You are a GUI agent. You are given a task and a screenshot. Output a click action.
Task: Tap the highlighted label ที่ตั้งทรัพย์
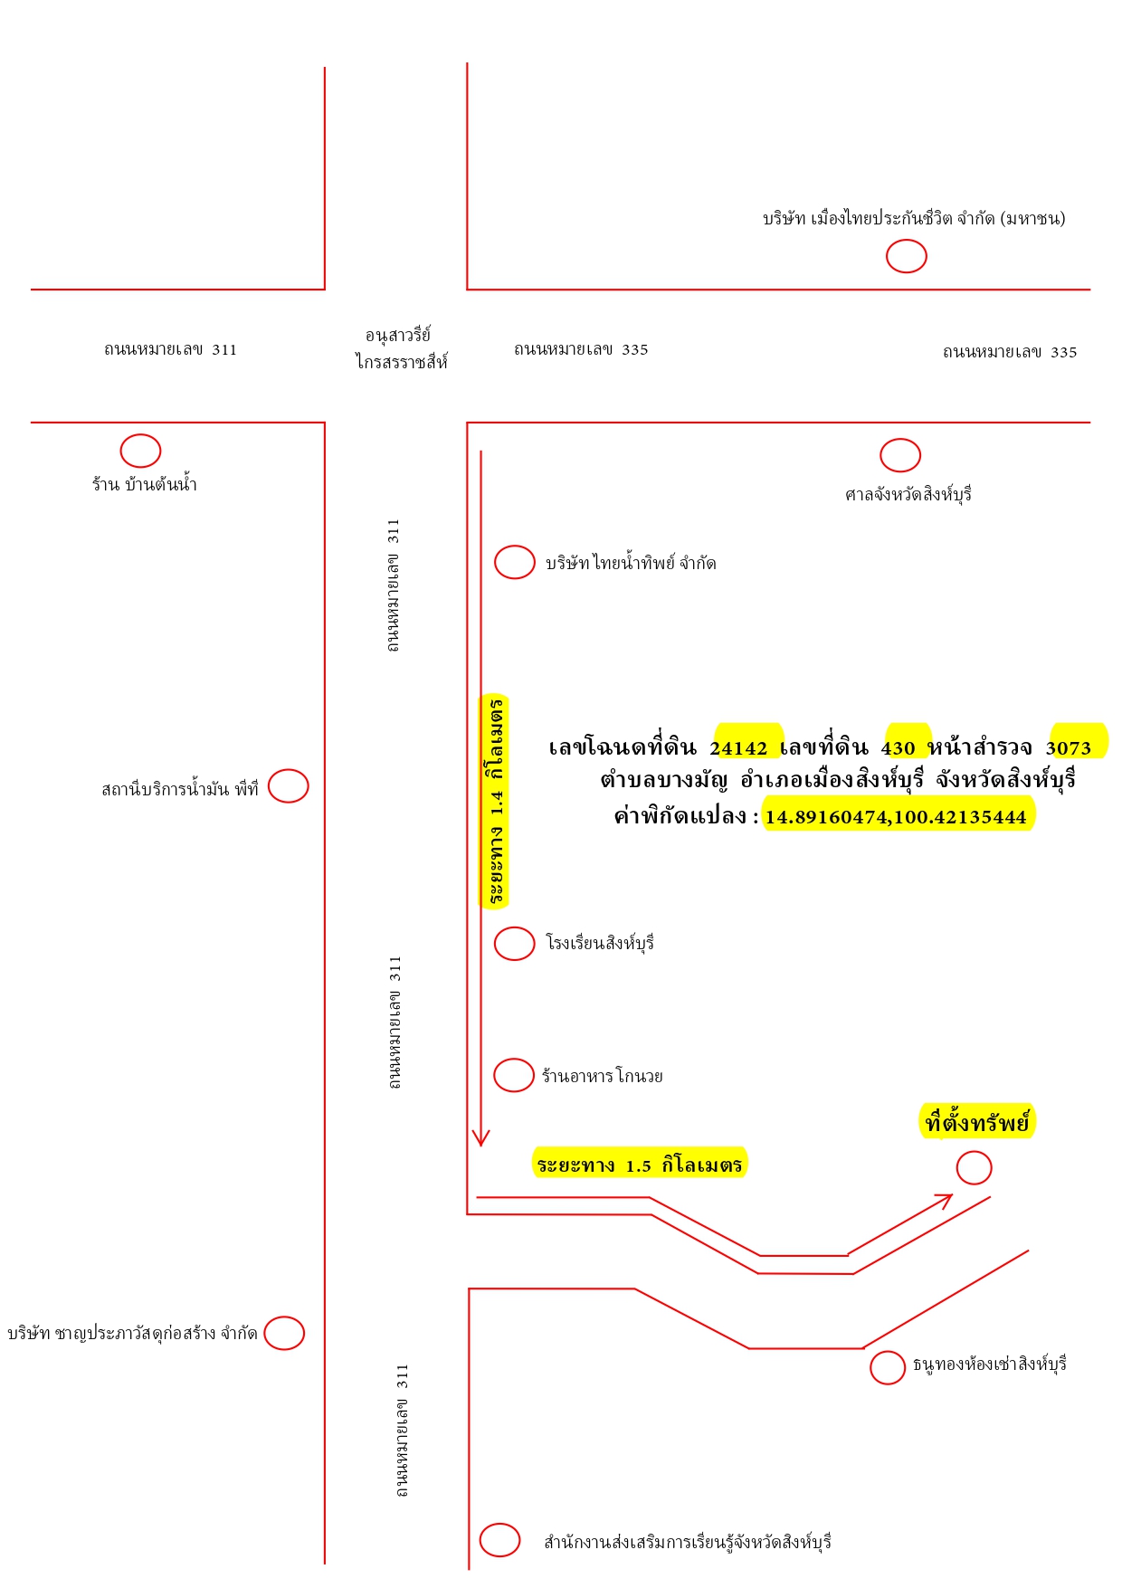point(977,1122)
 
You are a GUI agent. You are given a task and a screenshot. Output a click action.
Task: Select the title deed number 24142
point(738,747)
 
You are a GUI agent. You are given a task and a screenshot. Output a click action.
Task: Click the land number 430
point(899,747)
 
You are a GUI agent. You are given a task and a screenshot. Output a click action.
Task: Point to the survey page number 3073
point(1069,747)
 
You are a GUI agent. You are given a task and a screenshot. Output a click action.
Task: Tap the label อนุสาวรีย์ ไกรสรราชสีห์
point(401,348)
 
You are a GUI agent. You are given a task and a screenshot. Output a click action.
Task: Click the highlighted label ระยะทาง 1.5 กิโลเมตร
point(640,1164)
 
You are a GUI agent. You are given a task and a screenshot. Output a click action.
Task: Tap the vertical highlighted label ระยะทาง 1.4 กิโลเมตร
point(494,801)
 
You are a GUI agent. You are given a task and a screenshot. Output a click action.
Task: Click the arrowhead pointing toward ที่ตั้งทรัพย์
point(946,1199)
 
